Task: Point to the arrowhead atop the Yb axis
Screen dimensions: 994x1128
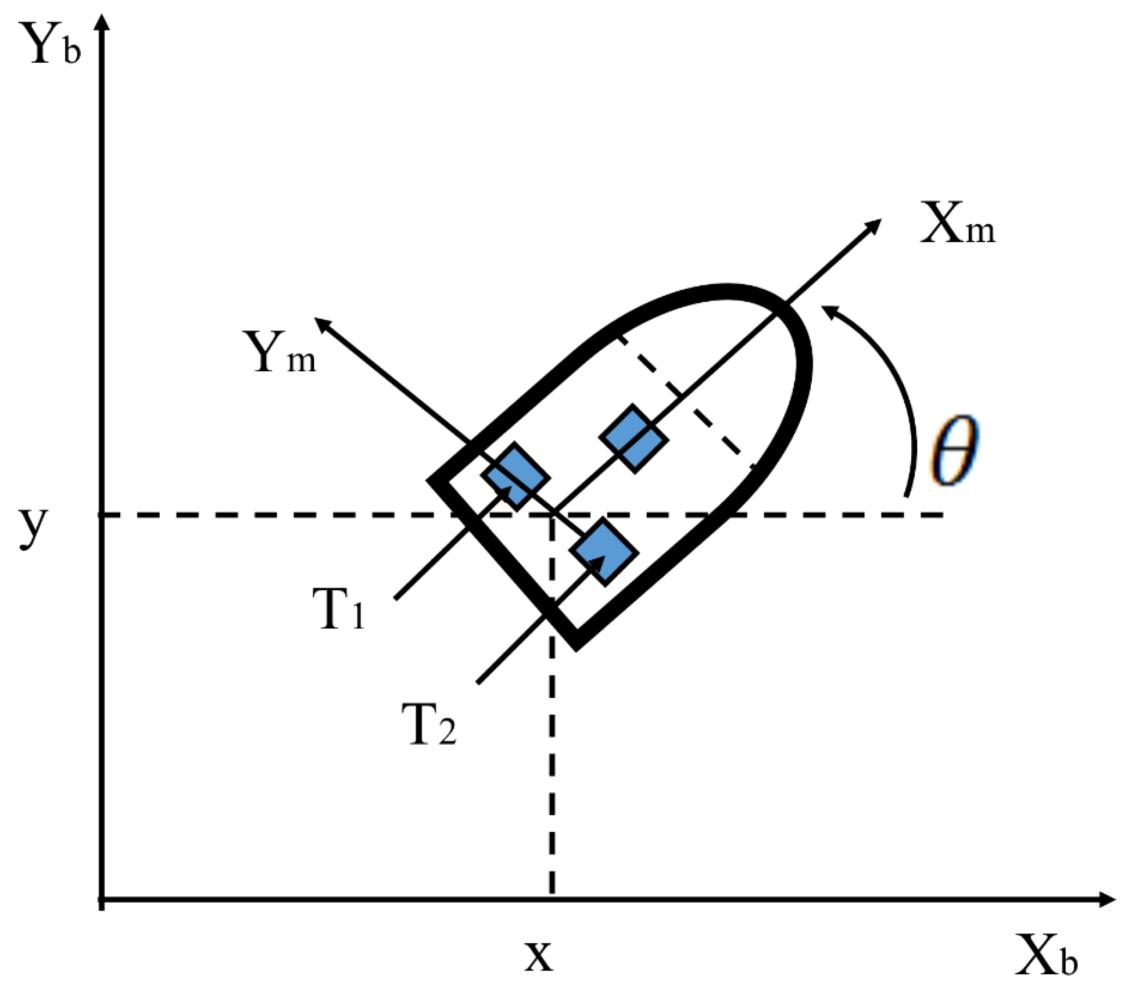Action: (x=103, y=22)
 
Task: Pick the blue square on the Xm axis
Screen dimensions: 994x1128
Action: (x=634, y=439)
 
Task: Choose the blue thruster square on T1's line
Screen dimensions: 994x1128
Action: (x=516, y=476)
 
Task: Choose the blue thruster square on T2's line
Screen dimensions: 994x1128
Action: (x=604, y=551)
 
